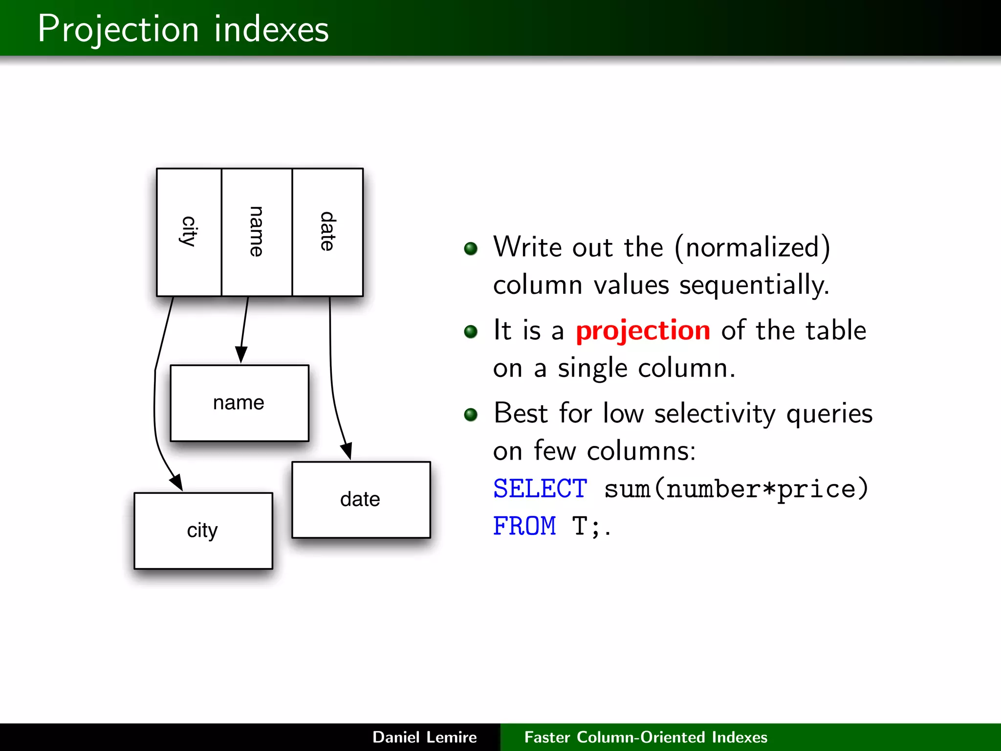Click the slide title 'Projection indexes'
[183, 29]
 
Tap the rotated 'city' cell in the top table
[189, 232]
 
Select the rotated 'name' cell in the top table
[257, 232]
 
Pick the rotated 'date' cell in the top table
[327, 232]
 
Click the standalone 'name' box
[239, 403]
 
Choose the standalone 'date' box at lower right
[361, 499]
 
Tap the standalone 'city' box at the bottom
[203, 530]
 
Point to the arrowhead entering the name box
[241, 354]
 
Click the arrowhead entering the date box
[347, 451]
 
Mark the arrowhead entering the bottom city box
[177, 482]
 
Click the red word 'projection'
[643, 331]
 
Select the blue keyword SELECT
[540, 489]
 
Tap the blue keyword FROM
[524, 527]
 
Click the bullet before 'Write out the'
[471, 248]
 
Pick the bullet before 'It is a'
[471, 331]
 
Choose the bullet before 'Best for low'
[471, 415]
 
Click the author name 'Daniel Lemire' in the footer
[424, 737]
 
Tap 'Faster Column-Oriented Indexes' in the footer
[646, 737]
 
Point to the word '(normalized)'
[753, 247]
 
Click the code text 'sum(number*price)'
[736, 489]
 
